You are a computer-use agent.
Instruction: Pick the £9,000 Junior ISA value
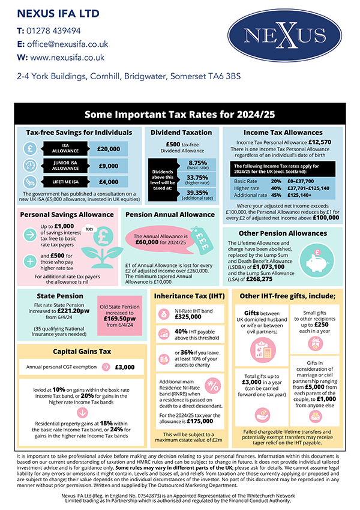point(111,166)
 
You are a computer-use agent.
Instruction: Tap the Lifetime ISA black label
point(66,182)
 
